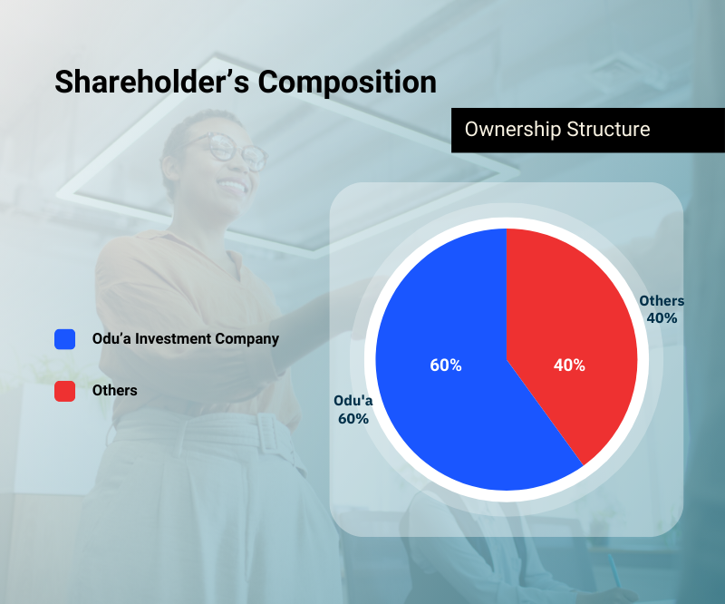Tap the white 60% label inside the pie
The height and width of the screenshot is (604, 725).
tap(446, 365)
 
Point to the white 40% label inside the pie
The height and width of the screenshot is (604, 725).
tap(569, 365)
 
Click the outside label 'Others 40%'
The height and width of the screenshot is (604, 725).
tap(662, 309)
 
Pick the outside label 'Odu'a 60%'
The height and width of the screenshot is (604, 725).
tap(353, 410)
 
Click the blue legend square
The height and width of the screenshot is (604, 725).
tap(64, 339)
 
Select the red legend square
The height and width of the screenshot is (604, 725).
tap(64, 391)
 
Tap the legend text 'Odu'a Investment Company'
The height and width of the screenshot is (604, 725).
tap(185, 339)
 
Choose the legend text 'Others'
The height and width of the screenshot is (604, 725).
tap(114, 391)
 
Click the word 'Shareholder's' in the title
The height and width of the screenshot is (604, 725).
tap(150, 81)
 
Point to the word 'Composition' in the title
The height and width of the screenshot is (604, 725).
tap(347, 81)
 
